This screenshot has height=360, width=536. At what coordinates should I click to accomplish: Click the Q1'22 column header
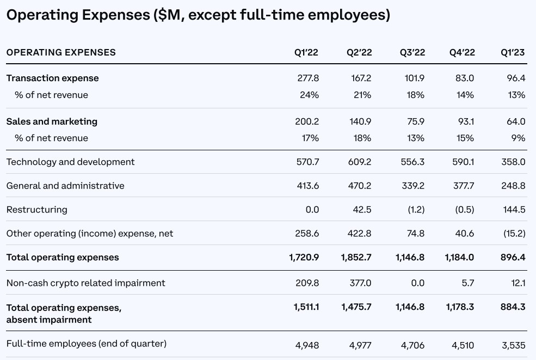coord(306,52)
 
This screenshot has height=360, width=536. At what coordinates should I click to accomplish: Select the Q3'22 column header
coord(412,52)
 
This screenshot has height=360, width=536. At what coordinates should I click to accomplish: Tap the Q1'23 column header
coord(513,52)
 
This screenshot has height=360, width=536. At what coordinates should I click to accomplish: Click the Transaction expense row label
coord(53,78)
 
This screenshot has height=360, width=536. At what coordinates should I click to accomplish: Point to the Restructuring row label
coord(37,210)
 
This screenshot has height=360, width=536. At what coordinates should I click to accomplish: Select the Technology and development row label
coord(71,162)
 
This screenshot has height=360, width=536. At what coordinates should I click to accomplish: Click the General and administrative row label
coord(65,186)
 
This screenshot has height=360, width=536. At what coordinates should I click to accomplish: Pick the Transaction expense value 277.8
coord(308,78)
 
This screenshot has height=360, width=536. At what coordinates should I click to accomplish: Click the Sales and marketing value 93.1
coord(464,121)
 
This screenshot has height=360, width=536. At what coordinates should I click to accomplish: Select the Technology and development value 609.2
coord(360,162)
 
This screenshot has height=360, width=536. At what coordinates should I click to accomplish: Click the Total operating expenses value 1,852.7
coord(356,257)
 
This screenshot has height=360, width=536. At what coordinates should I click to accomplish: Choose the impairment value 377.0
coord(360,283)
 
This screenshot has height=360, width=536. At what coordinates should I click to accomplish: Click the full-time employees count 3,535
coord(513,345)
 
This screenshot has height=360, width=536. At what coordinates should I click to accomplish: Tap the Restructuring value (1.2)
coord(414,210)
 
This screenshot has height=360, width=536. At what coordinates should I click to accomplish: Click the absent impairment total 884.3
coord(513,307)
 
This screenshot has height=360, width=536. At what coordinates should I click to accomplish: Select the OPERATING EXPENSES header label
coord(61,52)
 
